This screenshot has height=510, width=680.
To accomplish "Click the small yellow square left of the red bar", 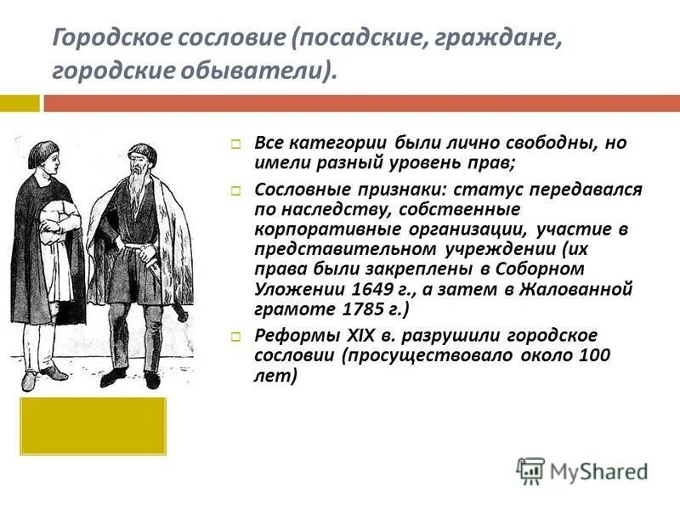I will coord(19,103).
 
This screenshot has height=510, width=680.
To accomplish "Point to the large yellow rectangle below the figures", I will coord(93,425).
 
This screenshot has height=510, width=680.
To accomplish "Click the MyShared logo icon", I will coord(530,470).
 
